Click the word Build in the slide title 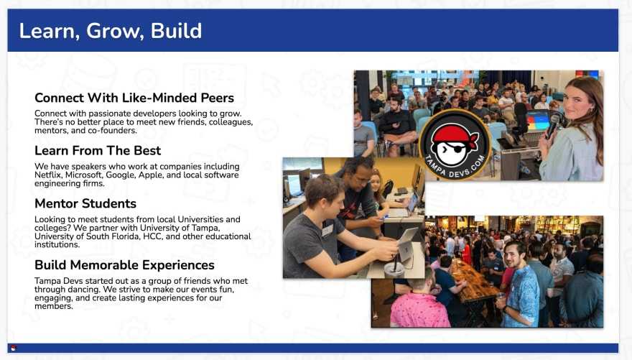(176, 31)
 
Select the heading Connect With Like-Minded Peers (134, 98)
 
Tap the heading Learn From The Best (98, 151)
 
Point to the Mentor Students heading (85, 203)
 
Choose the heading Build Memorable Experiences (124, 265)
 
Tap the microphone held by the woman (553, 125)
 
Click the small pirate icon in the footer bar (14, 349)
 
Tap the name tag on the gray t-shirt (327, 230)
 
